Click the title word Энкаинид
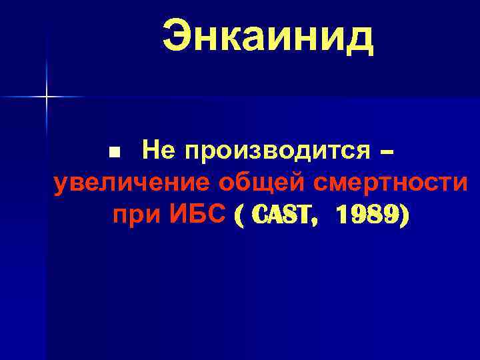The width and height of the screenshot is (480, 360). (x=268, y=37)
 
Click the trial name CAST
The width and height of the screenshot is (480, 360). (x=283, y=215)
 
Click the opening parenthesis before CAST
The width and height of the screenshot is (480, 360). (x=239, y=215)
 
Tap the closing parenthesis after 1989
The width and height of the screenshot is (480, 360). (x=405, y=215)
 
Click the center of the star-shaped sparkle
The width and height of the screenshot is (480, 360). (x=47, y=97)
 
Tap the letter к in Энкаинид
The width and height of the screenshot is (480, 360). (x=234, y=38)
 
